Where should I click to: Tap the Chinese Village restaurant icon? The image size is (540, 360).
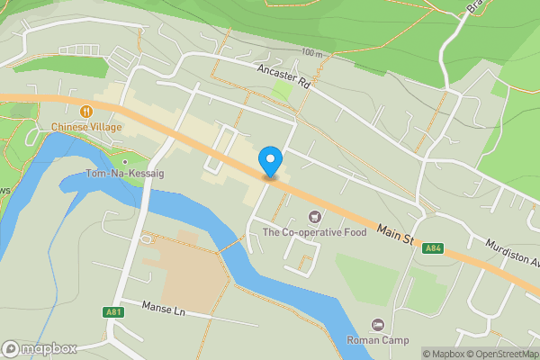(x=85, y=111)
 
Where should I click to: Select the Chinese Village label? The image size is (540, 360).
(x=85, y=127)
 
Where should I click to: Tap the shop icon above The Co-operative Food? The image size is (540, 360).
(x=314, y=216)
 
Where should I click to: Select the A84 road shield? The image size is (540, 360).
(x=434, y=247)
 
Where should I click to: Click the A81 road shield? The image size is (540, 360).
(x=112, y=312)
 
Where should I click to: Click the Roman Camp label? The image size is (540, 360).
(x=377, y=340)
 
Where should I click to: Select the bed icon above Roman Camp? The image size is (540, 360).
(x=377, y=324)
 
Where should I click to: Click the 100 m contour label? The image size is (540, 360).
(x=312, y=53)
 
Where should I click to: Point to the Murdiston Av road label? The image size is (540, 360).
(x=510, y=253)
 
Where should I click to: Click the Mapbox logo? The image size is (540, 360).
(x=40, y=348)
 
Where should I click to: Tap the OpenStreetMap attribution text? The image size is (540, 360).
(x=501, y=354)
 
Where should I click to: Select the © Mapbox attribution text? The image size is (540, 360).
(x=442, y=354)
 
